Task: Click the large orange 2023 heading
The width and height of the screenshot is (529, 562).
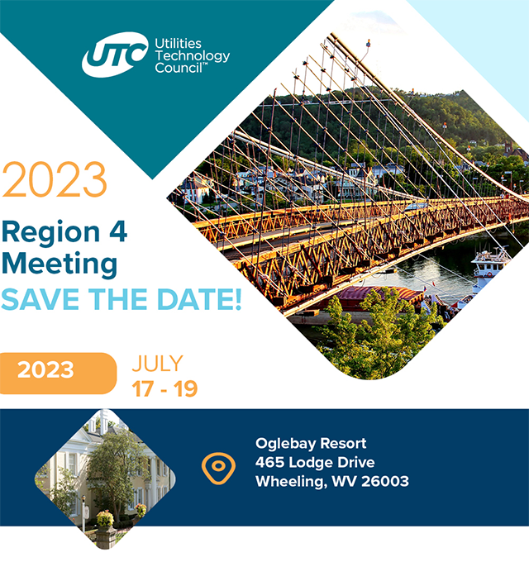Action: pyautogui.click(x=55, y=180)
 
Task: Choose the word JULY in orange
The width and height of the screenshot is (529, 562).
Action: pyautogui.click(x=157, y=364)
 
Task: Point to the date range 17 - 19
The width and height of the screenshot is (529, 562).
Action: pyautogui.click(x=165, y=389)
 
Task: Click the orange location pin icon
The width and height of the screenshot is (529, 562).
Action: pyautogui.click(x=218, y=467)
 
